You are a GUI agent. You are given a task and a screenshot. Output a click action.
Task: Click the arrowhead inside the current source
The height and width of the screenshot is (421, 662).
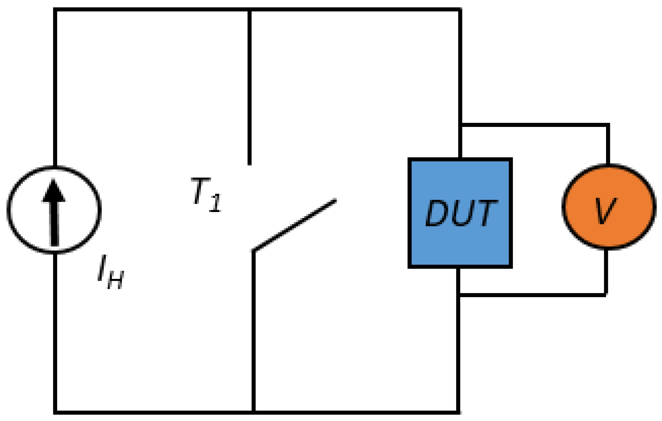point(54,191)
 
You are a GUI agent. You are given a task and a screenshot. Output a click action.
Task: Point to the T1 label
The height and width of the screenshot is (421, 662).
point(206,195)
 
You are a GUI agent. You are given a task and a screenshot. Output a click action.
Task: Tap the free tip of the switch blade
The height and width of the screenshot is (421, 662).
point(335,200)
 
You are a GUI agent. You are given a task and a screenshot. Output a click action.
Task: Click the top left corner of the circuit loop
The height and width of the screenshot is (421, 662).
point(55,10)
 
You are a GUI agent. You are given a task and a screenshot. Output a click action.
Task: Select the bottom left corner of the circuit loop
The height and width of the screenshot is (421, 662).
point(55,412)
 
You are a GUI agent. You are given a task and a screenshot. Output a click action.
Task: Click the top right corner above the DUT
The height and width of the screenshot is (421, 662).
point(460,10)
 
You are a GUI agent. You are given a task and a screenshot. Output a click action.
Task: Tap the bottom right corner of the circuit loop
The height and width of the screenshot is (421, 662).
point(458,412)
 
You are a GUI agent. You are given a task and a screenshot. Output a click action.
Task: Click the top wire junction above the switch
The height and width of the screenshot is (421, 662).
point(249,10)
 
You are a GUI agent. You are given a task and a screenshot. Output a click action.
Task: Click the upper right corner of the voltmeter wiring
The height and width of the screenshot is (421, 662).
point(608,125)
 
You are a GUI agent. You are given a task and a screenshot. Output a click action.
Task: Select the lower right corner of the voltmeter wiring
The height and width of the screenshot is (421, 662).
point(606,295)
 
